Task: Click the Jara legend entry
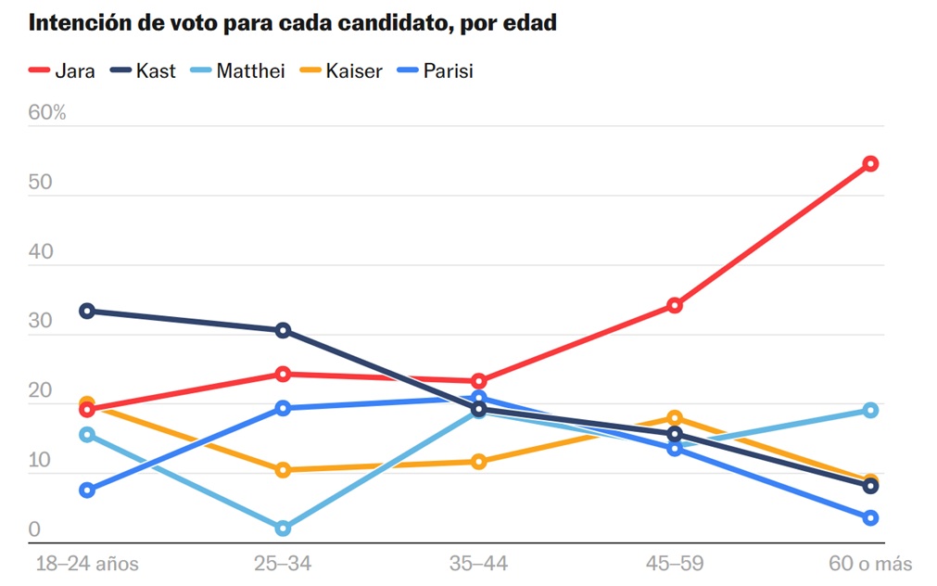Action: (x=62, y=70)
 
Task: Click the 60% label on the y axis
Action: (x=47, y=113)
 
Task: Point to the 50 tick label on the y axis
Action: (x=41, y=182)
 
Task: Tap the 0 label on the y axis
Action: (x=34, y=529)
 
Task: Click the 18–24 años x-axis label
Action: (x=86, y=564)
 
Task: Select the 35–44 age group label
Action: (x=478, y=564)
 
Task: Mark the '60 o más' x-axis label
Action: (x=869, y=564)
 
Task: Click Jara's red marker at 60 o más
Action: (x=870, y=164)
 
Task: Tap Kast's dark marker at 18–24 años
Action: (x=87, y=311)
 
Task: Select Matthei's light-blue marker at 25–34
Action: (x=283, y=529)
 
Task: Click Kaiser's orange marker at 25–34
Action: (x=283, y=470)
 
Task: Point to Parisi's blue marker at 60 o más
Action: (x=870, y=517)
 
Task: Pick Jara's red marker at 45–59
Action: (x=675, y=305)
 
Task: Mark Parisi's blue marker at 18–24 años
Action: (x=87, y=490)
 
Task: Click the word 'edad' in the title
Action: (x=528, y=22)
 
